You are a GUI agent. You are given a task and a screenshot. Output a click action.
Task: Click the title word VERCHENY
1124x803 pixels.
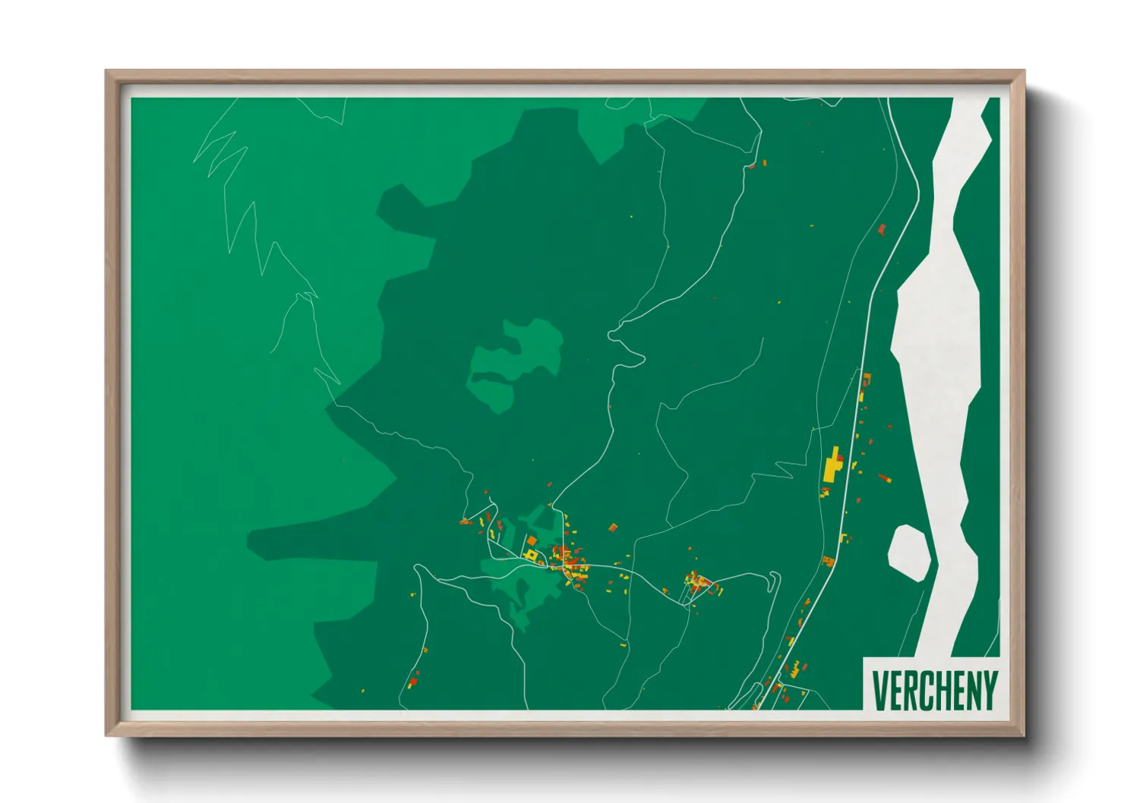pos(934,689)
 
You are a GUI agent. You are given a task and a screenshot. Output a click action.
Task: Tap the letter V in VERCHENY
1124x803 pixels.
pos(879,689)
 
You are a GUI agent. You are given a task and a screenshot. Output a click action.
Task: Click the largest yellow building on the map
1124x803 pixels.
pos(834,466)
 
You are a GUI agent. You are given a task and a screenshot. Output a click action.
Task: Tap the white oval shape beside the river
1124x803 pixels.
pos(909,552)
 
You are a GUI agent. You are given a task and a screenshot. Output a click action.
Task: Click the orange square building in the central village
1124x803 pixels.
pos(532,540)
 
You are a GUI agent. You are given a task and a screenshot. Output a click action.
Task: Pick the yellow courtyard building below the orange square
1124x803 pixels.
pos(532,556)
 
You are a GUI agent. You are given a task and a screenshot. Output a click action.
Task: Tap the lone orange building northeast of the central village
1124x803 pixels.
pos(613,526)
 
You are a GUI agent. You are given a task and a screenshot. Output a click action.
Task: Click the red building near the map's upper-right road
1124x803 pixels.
pos(882,228)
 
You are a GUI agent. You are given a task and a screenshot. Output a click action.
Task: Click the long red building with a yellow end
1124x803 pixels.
pos(884,478)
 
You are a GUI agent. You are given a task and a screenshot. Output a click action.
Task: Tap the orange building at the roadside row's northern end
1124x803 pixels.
pos(867,376)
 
